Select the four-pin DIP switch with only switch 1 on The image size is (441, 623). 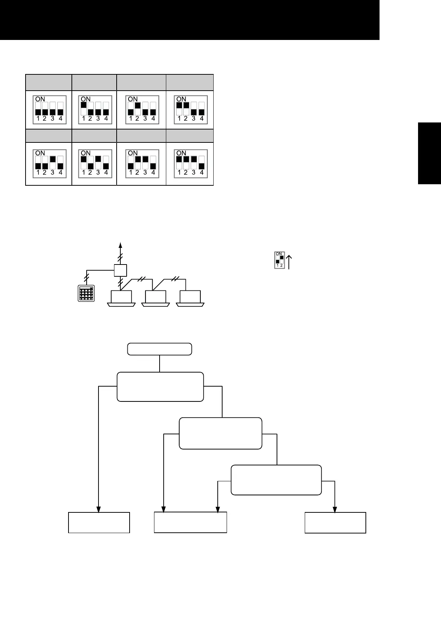click(x=96, y=109)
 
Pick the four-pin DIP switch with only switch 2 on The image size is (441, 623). click(x=143, y=109)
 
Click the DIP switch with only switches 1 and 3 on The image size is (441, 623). click(x=96, y=163)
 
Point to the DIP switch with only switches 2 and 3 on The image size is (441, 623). click(x=143, y=163)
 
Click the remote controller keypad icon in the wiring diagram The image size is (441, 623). click(x=86, y=293)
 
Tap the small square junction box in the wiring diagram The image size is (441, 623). click(x=120, y=270)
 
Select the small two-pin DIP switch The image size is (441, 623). click(x=280, y=260)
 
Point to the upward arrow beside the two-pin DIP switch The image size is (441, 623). click(x=289, y=261)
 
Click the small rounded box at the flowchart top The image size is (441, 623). click(x=160, y=349)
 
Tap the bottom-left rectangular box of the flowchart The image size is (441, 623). click(x=99, y=522)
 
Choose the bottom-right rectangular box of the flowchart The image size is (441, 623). click(x=335, y=522)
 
